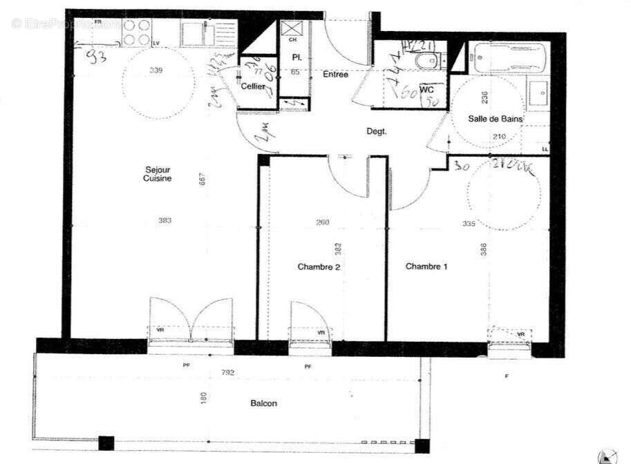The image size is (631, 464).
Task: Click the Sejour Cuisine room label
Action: click(157, 173)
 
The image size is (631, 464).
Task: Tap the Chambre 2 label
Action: click(319, 267)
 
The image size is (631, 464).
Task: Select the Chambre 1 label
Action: click(426, 267)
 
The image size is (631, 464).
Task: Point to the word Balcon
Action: click(263, 403)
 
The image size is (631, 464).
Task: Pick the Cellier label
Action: click(254, 86)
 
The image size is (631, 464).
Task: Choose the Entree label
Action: click(335, 75)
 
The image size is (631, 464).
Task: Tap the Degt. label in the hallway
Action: click(376, 131)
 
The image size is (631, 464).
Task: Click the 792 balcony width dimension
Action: click(228, 373)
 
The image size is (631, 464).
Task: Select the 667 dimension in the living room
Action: click(203, 178)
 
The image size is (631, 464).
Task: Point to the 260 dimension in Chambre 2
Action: click(322, 222)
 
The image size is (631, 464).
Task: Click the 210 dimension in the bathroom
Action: click(500, 137)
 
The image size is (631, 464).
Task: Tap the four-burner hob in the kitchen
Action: click(137, 32)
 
